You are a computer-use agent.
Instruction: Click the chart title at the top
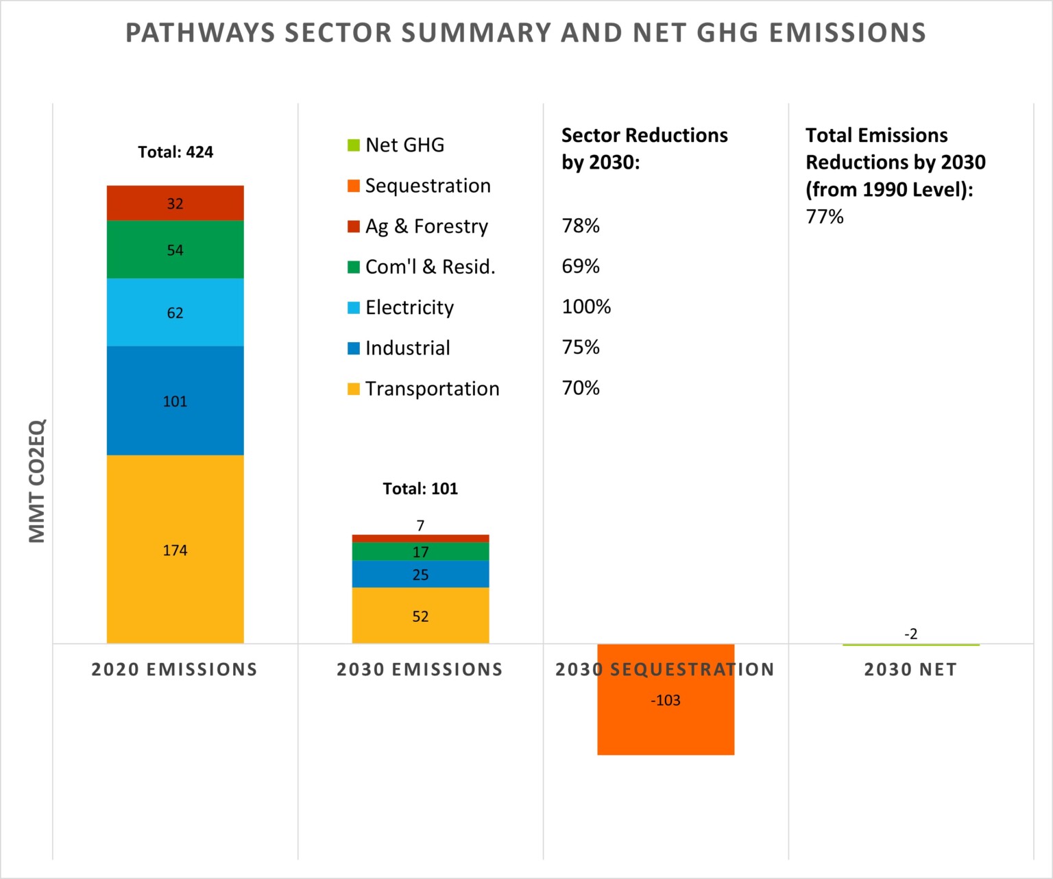(526, 33)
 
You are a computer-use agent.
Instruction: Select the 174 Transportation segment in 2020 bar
(175, 549)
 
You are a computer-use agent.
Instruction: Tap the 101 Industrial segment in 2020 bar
(175, 400)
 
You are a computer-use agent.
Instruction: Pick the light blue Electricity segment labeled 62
(175, 312)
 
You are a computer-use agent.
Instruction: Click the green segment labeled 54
(175, 250)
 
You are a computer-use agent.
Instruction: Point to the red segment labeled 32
(175, 203)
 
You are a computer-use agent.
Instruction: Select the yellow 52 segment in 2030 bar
(420, 616)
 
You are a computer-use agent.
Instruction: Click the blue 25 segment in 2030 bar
(420, 575)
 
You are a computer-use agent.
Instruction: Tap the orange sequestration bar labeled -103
(666, 713)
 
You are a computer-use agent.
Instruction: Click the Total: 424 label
(175, 152)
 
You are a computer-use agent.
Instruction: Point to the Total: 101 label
(420, 488)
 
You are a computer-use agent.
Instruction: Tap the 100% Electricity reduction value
(586, 306)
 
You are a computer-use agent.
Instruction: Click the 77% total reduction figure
(825, 217)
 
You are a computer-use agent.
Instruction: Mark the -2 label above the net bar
(910, 634)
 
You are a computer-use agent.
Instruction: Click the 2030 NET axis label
(910, 669)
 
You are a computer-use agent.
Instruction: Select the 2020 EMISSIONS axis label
(175, 669)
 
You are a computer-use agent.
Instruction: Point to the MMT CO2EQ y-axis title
(36, 481)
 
